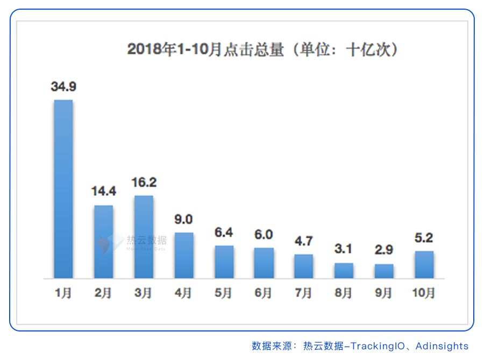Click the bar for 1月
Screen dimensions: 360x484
coord(63,188)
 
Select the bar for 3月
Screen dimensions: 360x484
coord(144,237)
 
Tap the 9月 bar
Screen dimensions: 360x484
coord(384,271)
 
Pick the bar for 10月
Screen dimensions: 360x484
coord(424,264)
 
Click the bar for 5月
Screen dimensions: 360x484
coord(224,262)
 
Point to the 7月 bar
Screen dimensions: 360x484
coord(303,266)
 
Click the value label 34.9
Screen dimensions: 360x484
coord(63,87)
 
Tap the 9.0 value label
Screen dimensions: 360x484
coord(183,220)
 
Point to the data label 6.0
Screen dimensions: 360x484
coord(264,235)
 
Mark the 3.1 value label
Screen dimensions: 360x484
coord(344,250)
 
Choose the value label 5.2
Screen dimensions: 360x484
coord(424,238)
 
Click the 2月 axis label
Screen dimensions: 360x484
coord(103,293)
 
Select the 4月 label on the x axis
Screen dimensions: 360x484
coord(183,293)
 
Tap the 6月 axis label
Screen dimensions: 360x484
coord(264,293)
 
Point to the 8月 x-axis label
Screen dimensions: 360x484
coord(344,293)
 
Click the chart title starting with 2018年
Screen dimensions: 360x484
coord(262,50)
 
